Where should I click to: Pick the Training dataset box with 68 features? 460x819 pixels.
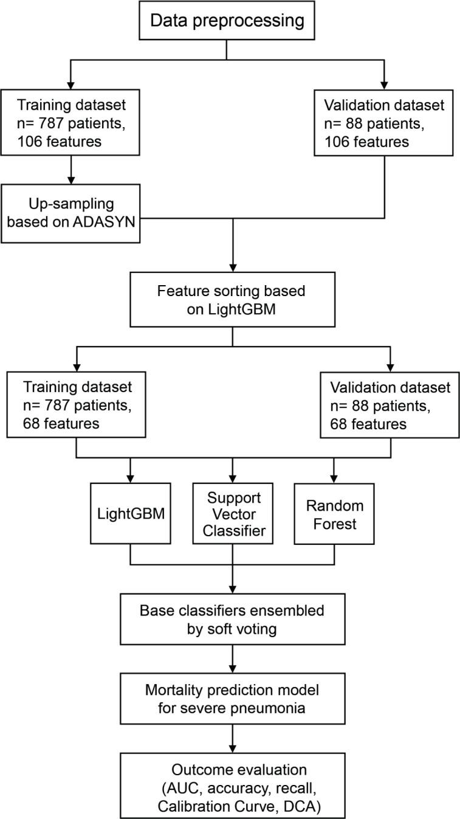[x=75, y=405]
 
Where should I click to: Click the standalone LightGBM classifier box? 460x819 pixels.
[x=130, y=514]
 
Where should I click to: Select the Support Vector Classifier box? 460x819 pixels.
[x=232, y=514]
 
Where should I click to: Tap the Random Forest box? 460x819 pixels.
[x=333, y=514]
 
